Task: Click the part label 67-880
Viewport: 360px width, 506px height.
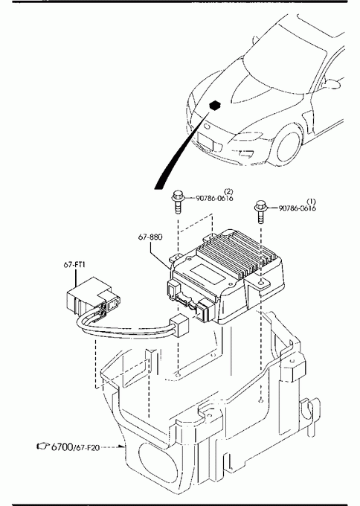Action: click(x=150, y=237)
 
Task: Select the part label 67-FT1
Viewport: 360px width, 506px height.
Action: click(x=74, y=265)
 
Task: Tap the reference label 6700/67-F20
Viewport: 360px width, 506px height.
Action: click(x=75, y=447)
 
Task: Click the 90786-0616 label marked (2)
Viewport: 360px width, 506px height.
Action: click(x=214, y=198)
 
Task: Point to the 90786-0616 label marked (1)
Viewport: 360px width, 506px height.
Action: click(x=297, y=208)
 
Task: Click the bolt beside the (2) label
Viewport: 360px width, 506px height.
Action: click(x=178, y=202)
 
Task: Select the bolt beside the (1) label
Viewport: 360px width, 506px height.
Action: click(x=260, y=211)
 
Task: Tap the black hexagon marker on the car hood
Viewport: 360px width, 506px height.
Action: click(x=214, y=105)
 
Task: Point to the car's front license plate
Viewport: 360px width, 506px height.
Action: click(x=205, y=141)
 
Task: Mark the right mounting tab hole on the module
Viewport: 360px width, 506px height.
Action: click(x=262, y=283)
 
